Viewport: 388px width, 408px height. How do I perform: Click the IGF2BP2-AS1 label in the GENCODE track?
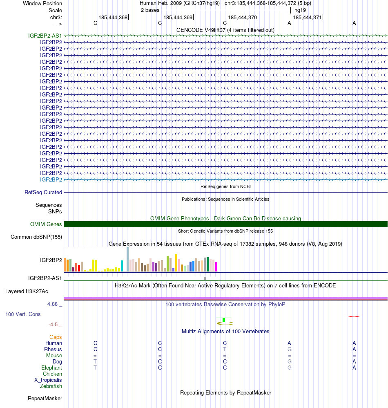point(45,36)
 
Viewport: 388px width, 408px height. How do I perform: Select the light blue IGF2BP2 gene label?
point(51,179)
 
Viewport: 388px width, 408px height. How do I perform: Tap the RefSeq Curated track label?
point(43,192)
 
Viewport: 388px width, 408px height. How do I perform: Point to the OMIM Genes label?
point(46,224)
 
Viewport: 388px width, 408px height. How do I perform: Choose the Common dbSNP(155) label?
point(36,237)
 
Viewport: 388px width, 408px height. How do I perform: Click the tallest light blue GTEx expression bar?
point(128,259)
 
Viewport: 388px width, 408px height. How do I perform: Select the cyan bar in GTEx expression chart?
point(122,266)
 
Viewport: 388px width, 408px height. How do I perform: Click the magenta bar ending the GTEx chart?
point(216,267)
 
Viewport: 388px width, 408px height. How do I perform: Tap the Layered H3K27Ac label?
point(27,291)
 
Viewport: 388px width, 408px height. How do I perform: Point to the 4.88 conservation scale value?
point(53,304)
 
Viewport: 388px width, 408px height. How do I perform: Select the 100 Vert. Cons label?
point(23,314)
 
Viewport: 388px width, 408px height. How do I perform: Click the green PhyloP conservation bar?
point(224,319)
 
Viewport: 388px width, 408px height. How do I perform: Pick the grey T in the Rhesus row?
point(225,349)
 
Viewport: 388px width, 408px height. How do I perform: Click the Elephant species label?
point(51,368)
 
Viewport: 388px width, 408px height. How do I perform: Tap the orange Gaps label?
point(56,337)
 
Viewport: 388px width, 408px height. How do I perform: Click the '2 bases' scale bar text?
point(150,10)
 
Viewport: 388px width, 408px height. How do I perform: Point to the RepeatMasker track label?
point(45,398)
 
